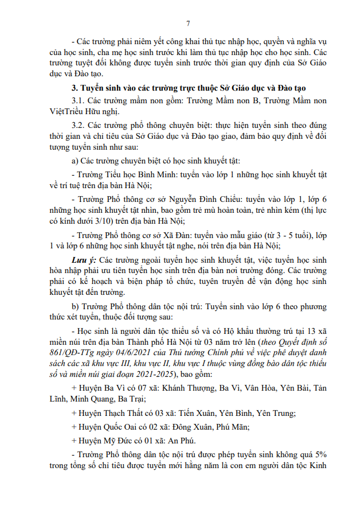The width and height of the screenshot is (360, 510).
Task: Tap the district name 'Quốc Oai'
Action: point(117,427)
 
